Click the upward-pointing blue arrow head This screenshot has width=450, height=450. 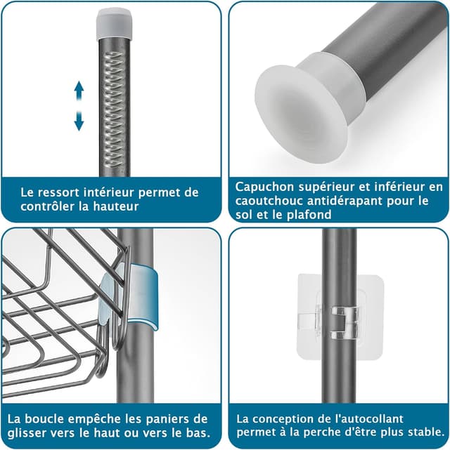coord(79,88)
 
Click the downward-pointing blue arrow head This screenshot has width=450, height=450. coord(79,124)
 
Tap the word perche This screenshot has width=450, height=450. coord(333,433)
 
